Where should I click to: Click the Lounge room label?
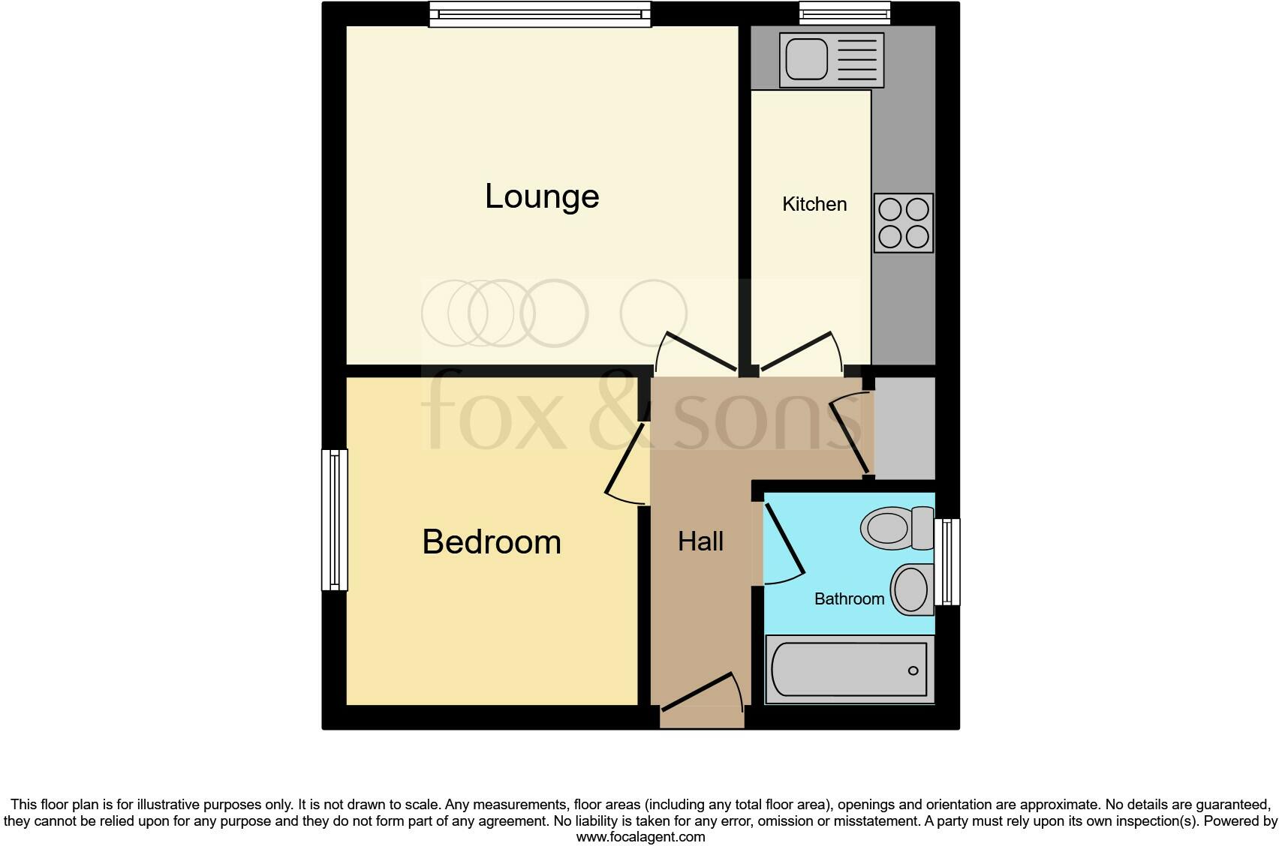click(x=542, y=196)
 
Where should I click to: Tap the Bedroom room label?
click(x=492, y=542)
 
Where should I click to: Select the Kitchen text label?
click(x=814, y=204)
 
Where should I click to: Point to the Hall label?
click(x=700, y=541)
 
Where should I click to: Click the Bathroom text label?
click(x=849, y=598)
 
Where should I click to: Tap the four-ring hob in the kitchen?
click(x=904, y=222)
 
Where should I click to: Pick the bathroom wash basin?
click(x=911, y=589)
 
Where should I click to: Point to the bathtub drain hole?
click(x=913, y=670)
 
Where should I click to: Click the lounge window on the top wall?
click(x=540, y=13)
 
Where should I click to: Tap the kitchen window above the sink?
click(x=844, y=13)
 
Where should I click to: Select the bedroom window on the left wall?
click(x=335, y=520)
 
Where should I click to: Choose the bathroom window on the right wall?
click(x=948, y=562)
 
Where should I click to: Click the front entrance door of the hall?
click(x=701, y=694)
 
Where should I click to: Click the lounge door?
click(x=694, y=352)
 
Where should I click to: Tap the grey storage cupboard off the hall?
click(x=905, y=428)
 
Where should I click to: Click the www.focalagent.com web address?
click(x=640, y=837)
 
